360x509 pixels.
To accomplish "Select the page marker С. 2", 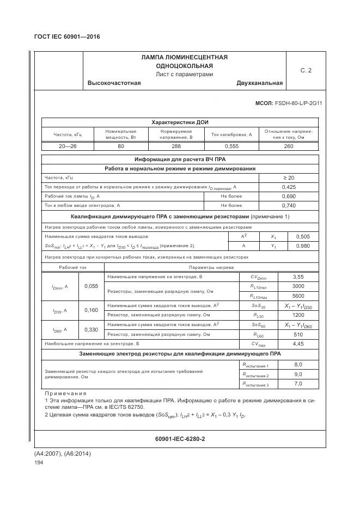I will coord(306,70).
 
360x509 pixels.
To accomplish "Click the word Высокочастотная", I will coord(114,83).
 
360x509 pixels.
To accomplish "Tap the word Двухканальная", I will coord(259,83).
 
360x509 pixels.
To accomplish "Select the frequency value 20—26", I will coord(67,146).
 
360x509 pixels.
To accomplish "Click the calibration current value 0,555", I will coord(232,146).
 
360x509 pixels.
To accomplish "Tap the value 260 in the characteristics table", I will coord(288,146).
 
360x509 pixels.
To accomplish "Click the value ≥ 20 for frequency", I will coord(288,178).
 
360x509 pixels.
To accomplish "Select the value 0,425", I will coord(288,187).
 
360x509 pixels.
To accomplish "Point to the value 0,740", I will coord(288,205).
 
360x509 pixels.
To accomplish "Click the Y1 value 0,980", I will coord(302,246).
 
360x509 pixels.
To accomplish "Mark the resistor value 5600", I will coord(298,296).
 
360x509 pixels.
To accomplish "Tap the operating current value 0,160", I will coord(92,310).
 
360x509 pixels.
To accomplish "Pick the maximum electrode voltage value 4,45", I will coord(298,344).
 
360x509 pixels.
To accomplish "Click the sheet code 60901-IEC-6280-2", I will coord(180,438).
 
